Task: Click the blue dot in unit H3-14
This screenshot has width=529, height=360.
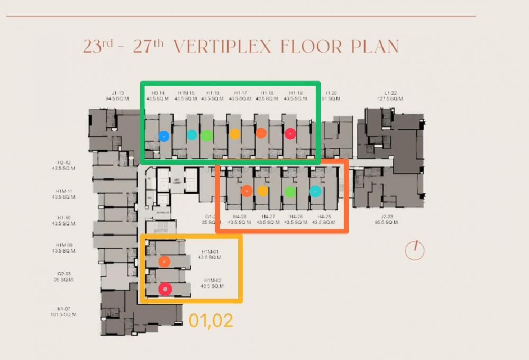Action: click(x=164, y=136)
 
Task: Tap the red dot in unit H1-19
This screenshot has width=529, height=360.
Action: click(x=290, y=134)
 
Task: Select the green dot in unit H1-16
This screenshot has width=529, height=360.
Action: click(x=207, y=135)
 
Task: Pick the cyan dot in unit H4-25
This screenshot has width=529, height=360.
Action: click(x=315, y=192)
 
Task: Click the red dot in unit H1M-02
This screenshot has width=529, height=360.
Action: click(x=166, y=289)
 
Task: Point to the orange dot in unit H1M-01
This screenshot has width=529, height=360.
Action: click(x=165, y=261)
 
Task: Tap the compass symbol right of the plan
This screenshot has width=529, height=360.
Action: click(x=415, y=250)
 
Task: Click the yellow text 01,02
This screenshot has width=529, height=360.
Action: click(x=211, y=320)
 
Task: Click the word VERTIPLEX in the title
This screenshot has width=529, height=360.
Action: click(x=222, y=47)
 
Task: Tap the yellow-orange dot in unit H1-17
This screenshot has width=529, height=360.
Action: click(x=235, y=134)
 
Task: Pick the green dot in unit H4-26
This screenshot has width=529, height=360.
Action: click(x=289, y=192)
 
